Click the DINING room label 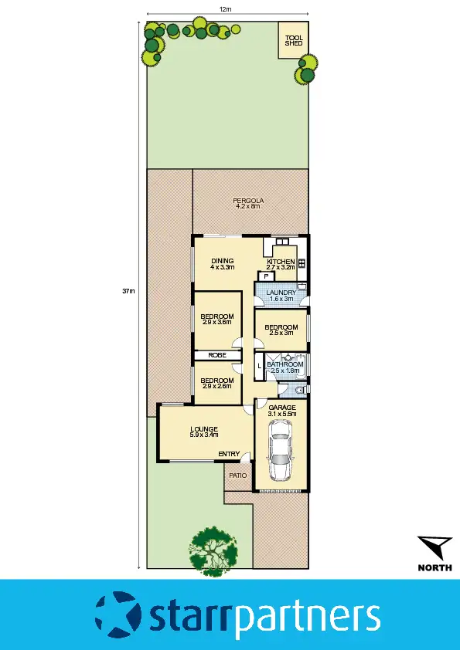pyautogui.click(x=222, y=261)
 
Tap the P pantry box pyautogui.click(x=266, y=276)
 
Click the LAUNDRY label pyautogui.click(x=281, y=293)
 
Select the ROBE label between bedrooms pyautogui.click(x=216, y=355)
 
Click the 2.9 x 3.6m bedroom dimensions pyautogui.click(x=217, y=323)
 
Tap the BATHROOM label pyautogui.click(x=285, y=364)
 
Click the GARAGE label pyautogui.click(x=281, y=407)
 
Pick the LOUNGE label pyautogui.click(x=203, y=428)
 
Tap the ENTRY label pyautogui.click(x=228, y=454)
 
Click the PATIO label pyautogui.click(x=238, y=476)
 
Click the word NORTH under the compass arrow pyautogui.click(x=435, y=567)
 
